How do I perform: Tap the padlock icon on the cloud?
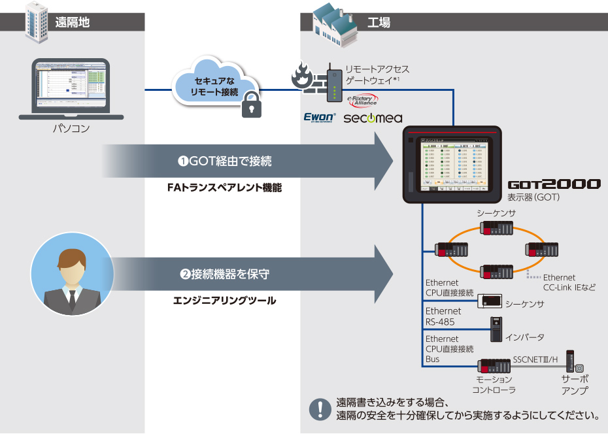[252, 105]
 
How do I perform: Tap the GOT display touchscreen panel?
[451, 163]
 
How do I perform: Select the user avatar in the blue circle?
[72, 275]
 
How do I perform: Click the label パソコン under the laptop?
[71, 129]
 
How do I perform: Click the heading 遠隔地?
[72, 22]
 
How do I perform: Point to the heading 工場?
[379, 22]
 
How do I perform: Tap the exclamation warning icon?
[320, 408]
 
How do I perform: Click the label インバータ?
[524, 337]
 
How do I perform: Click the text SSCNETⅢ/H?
[535, 359]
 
